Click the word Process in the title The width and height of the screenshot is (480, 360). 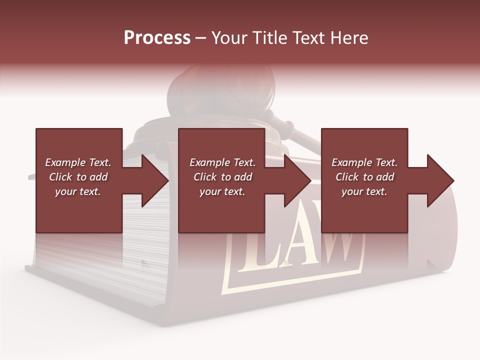point(157,38)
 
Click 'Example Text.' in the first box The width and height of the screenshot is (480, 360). point(78,162)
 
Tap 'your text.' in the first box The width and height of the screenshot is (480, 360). point(78,191)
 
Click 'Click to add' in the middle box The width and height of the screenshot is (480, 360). point(222,177)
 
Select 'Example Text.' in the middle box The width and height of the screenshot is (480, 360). point(222,162)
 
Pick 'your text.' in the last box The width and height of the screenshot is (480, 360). point(364,191)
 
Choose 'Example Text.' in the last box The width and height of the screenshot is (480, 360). point(364,162)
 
